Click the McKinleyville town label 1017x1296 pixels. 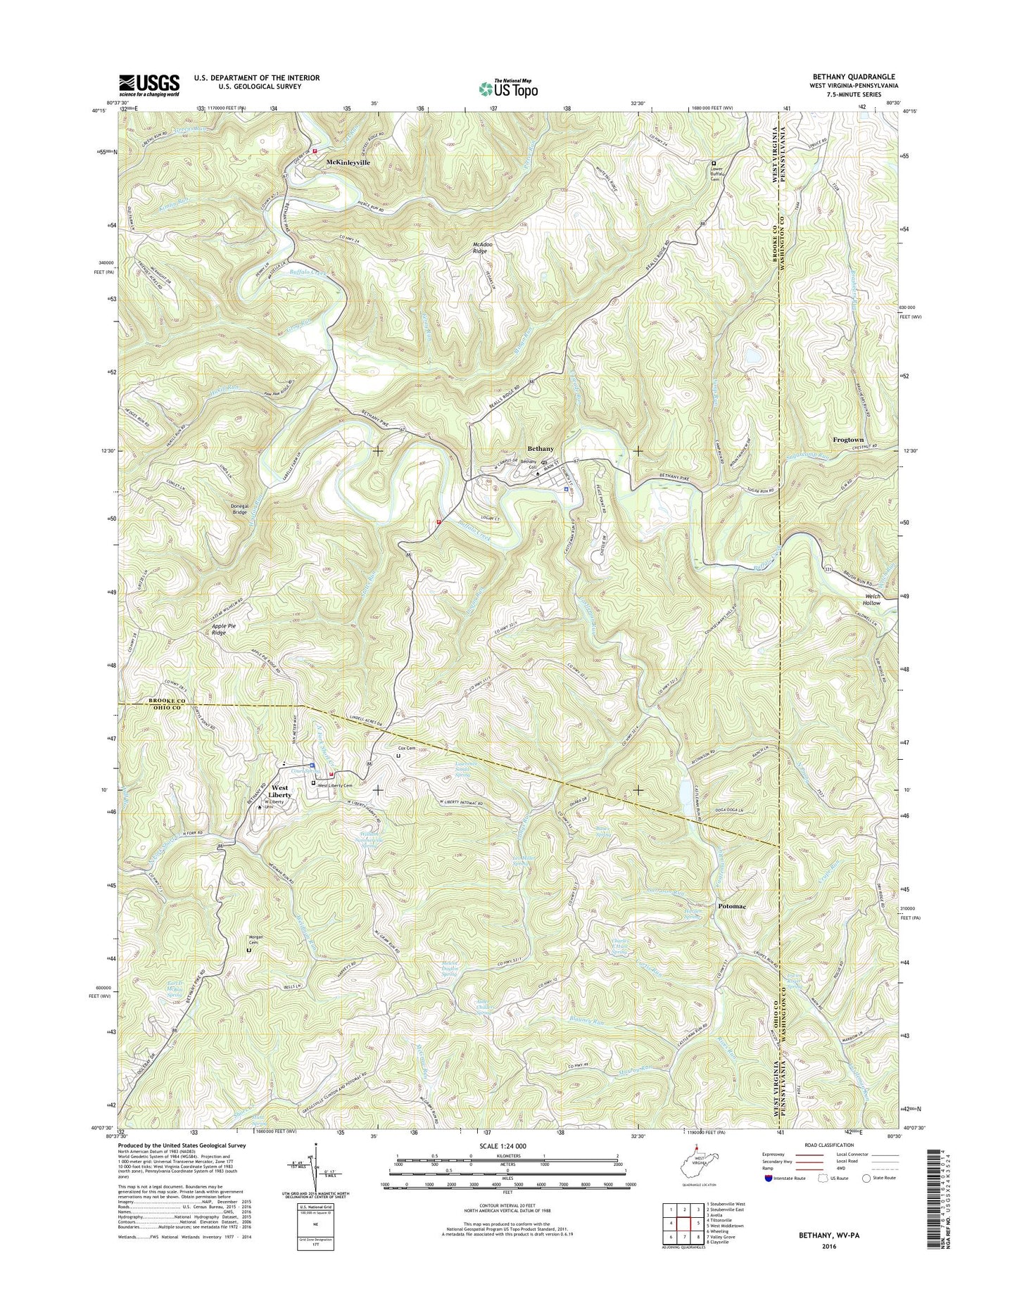(x=347, y=162)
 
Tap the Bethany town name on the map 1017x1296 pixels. (x=541, y=448)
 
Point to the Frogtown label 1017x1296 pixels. (x=848, y=440)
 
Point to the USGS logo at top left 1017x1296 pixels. (x=149, y=85)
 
